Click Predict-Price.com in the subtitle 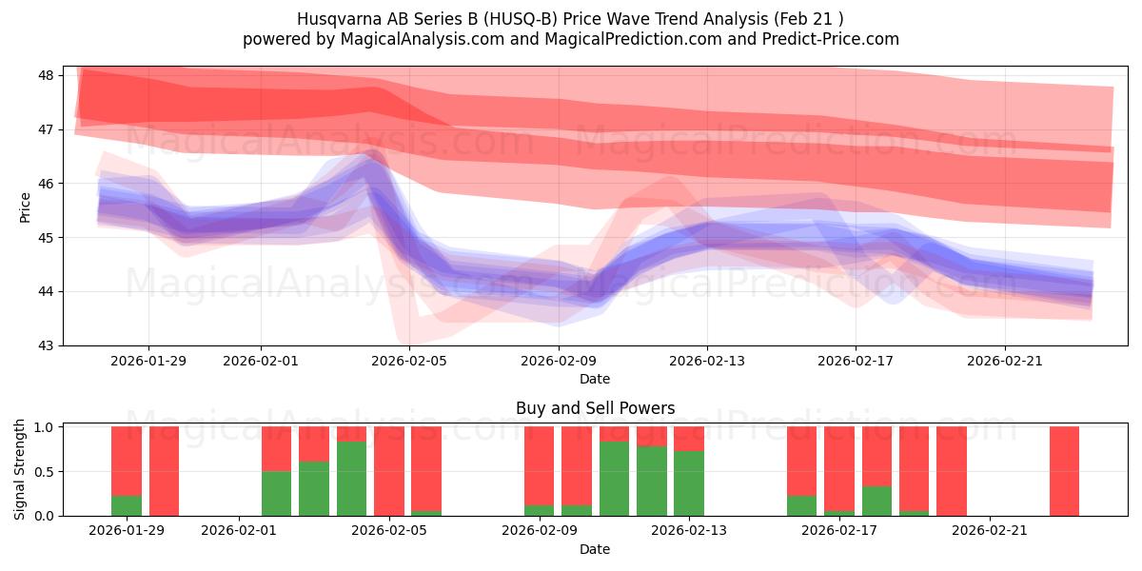coord(824,39)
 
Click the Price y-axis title coord(25,206)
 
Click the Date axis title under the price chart coord(595,379)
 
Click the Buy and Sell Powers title coord(595,408)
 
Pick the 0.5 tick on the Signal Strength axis coord(46,471)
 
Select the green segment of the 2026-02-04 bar coord(351,479)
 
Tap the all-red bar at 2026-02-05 coord(388,471)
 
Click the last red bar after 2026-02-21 coord(1064,471)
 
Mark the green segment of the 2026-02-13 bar coord(688,483)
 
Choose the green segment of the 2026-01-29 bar coord(127,505)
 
